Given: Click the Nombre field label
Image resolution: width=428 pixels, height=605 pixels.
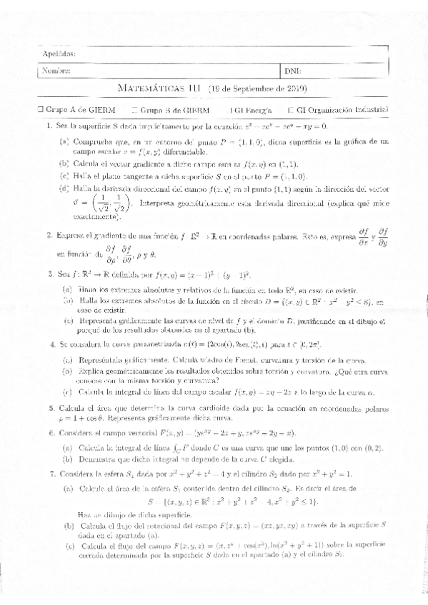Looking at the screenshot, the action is tap(56, 71).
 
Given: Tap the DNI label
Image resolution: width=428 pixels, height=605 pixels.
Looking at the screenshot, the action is tap(294, 71).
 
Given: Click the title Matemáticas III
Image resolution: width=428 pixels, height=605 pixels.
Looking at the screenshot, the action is tap(158, 89).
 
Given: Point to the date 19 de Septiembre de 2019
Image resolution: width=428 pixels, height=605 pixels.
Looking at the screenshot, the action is tap(257, 89).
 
